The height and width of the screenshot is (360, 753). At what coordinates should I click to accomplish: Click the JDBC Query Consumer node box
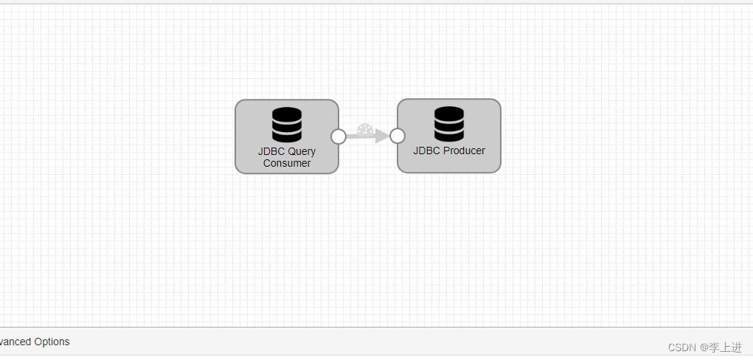(x=286, y=136)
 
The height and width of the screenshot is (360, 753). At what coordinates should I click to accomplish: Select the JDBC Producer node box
(x=448, y=136)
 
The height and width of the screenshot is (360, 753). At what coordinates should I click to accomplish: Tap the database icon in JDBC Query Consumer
(x=287, y=125)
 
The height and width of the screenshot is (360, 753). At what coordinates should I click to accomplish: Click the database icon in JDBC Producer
(x=449, y=124)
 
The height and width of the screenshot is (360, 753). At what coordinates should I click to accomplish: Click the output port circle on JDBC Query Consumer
(x=339, y=136)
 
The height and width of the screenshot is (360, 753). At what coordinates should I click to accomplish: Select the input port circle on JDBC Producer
(x=397, y=136)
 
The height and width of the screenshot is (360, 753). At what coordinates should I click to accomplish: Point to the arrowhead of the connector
(x=381, y=136)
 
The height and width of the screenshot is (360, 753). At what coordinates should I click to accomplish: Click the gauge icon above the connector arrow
(x=364, y=130)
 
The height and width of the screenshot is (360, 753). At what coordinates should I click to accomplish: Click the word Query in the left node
(x=302, y=151)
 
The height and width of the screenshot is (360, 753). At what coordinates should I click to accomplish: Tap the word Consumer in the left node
(x=287, y=163)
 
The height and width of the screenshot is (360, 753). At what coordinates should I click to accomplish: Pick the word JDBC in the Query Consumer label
(x=271, y=151)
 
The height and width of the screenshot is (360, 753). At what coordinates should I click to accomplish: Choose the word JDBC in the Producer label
(x=426, y=150)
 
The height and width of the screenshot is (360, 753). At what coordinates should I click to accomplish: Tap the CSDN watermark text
(x=681, y=347)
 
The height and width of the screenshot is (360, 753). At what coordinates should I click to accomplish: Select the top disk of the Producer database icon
(x=449, y=114)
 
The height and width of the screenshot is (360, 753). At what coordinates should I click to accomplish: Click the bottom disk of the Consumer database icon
(x=287, y=136)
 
